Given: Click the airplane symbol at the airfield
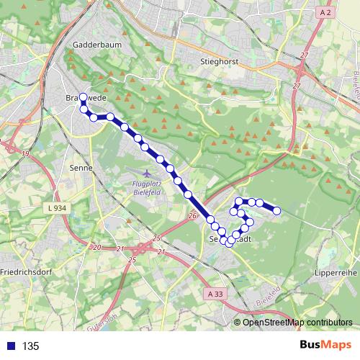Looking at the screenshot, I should point(148,174).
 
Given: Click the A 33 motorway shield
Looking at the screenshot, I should point(215,294).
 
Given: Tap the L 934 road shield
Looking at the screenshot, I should point(57,208).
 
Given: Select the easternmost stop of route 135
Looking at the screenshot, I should point(276,210).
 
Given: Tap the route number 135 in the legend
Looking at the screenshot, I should point(31,346).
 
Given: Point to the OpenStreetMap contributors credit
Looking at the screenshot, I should point(297,323).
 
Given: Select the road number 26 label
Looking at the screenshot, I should point(192,215).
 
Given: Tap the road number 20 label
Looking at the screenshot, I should point(97,247).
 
